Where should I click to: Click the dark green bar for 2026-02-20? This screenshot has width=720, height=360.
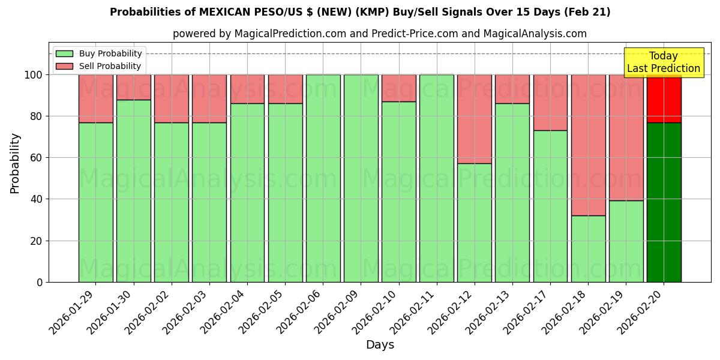point(664,202)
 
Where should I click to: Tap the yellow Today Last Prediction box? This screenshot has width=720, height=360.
point(663,62)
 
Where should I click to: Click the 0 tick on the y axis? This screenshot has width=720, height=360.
point(40,282)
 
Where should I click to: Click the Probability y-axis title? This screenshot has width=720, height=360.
point(15,163)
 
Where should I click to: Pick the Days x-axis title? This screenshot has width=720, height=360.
point(380,345)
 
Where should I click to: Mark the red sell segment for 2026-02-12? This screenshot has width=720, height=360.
point(475,119)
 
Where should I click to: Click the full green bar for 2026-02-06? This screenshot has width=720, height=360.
point(323,178)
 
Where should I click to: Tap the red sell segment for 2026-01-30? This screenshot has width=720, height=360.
point(134,87)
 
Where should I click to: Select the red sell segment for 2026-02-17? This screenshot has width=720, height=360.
point(550,102)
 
